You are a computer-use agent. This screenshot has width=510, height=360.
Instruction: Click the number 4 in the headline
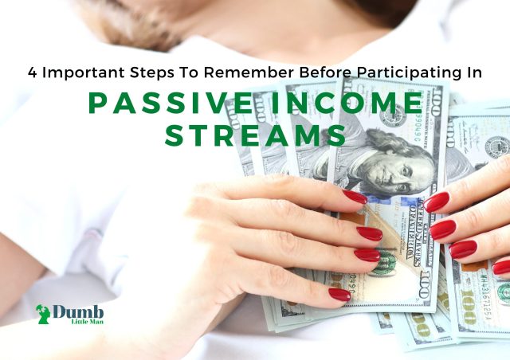click(32, 72)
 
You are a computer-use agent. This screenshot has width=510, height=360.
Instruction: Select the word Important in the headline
click(84, 73)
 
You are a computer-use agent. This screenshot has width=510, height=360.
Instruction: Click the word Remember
click(249, 72)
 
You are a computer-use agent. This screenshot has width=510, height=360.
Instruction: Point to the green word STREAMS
click(255, 135)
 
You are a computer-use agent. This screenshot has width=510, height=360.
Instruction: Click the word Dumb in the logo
click(78, 312)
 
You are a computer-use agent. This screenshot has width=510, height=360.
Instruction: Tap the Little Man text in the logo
click(88, 321)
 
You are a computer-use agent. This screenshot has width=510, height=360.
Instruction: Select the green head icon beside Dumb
click(43, 314)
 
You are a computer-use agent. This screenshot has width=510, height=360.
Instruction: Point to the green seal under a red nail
click(388, 263)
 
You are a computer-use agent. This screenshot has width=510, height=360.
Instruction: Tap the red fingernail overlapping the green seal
click(367, 255)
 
